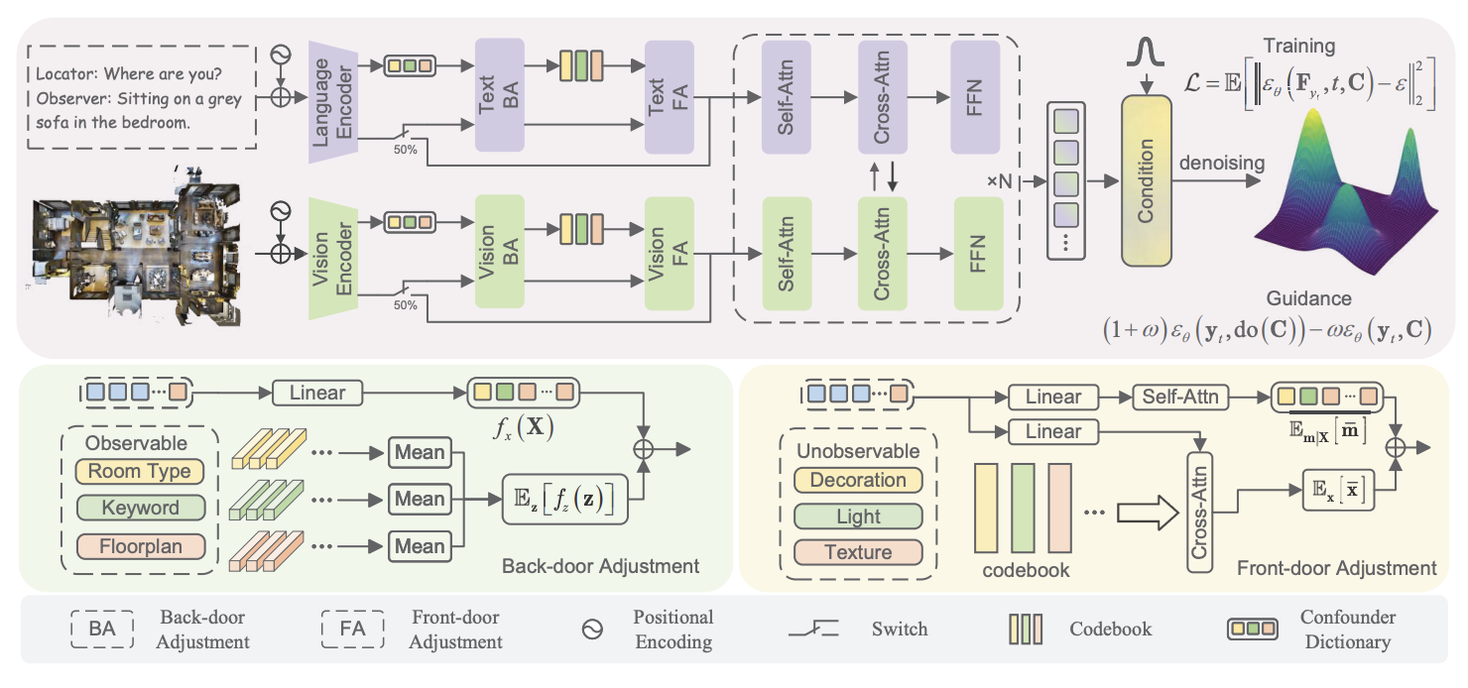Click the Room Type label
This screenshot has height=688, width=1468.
pyautogui.click(x=140, y=471)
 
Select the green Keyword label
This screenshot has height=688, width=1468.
pyautogui.click(x=140, y=509)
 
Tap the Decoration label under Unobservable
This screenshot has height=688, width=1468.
pyautogui.click(x=858, y=480)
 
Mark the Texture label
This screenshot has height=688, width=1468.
pyautogui.click(x=858, y=553)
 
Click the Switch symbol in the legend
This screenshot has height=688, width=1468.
pyautogui.click(x=813, y=629)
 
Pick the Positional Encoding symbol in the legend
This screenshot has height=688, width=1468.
pyautogui.click(x=593, y=630)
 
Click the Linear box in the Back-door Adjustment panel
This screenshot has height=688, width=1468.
pyautogui.click(x=317, y=393)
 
